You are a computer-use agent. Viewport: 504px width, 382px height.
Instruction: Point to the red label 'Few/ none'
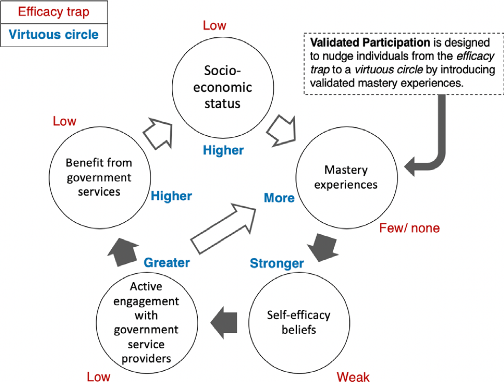(x=409, y=228)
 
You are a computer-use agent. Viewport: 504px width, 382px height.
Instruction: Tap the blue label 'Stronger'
(x=277, y=263)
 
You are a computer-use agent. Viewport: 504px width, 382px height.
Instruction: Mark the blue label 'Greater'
(x=167, y=262)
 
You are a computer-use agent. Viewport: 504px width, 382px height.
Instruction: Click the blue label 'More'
(x=279, y=197)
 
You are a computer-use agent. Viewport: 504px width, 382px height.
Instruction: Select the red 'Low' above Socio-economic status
(x=214, y=25)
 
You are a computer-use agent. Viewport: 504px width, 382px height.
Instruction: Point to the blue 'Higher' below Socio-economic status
(x=223, y=150)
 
